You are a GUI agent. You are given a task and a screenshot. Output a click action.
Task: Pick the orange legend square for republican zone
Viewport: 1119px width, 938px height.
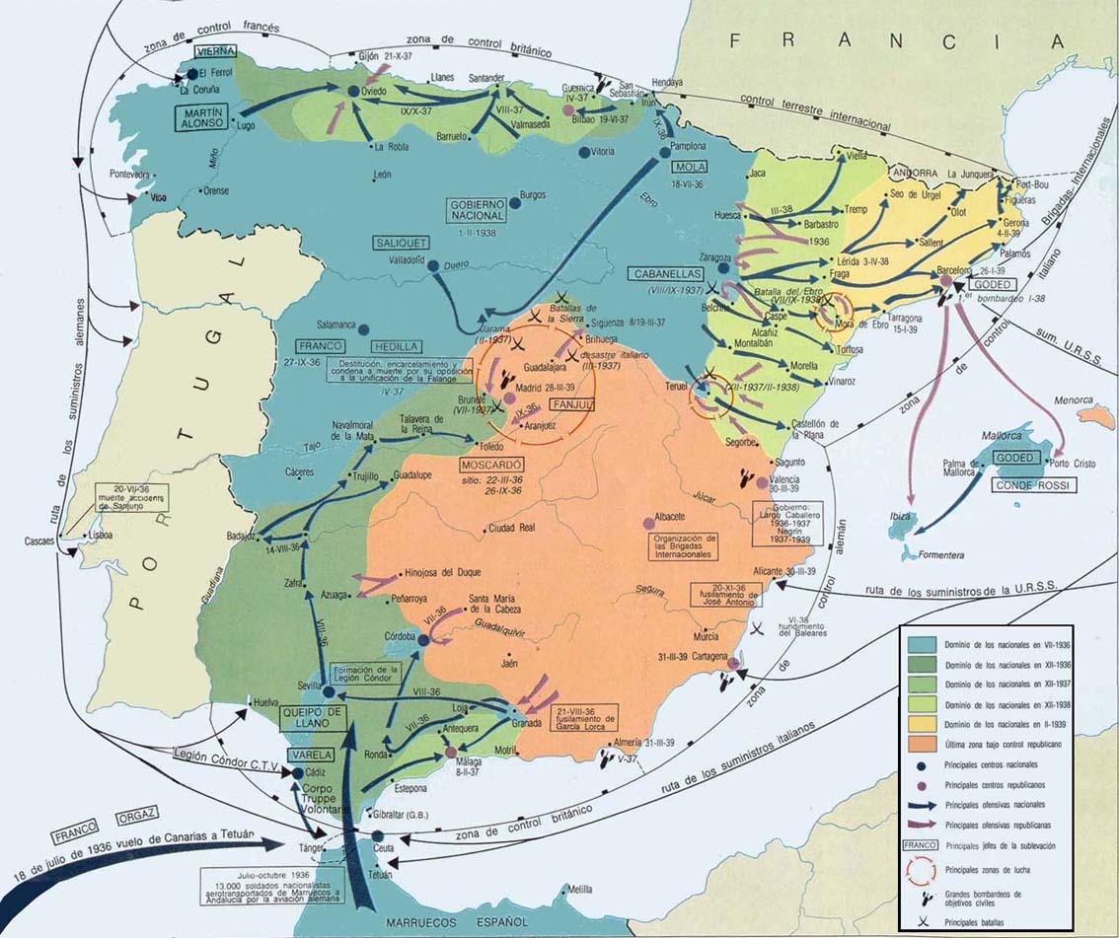[x=923, y=743]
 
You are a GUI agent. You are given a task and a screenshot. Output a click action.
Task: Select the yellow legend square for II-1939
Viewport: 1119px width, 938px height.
[x=923, y=724]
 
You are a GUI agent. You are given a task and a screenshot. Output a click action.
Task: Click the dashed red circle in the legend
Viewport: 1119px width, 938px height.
[x=923, y=869]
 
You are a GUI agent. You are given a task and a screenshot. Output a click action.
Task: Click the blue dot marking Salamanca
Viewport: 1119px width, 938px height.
[x=363, y=329]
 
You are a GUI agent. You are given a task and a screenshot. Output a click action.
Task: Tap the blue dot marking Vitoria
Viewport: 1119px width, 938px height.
[x=584, y=153]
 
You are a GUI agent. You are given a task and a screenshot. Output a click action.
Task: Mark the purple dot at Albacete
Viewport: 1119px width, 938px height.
[x=648, y=521]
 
